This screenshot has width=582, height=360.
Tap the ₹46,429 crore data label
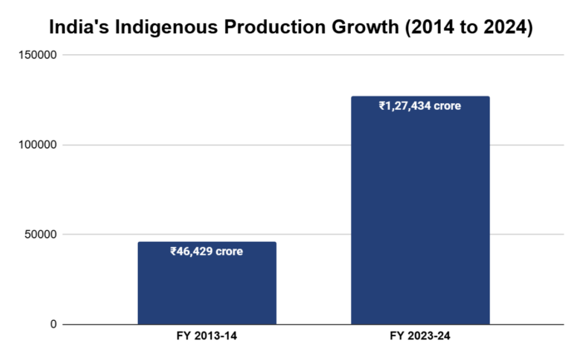tap(206, 251)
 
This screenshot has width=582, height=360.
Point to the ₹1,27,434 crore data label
tap(420, 106)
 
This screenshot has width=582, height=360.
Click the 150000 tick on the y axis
tap(38, 55)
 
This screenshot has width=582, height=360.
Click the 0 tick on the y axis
tap(53, 324)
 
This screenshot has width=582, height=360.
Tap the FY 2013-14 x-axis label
tap(206, 338)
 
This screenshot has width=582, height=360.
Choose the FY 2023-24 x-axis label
tap(420, 338)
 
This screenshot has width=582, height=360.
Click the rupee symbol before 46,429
tap(173, 251)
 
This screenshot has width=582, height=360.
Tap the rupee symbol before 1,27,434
tap(382, 106)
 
